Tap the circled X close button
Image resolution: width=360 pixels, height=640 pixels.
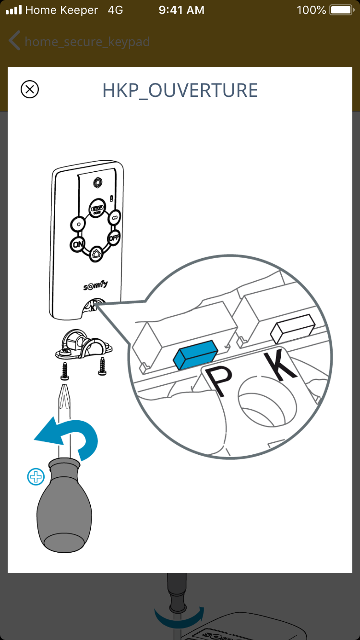[x=30, y=89]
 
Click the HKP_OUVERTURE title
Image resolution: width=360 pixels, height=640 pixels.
[x=180, y=91]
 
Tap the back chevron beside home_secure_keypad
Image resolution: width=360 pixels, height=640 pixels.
[x=14, y=40]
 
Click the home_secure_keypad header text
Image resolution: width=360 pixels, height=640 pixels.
[x=87, y=42]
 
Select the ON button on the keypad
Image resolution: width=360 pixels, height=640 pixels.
[x=77, y=245]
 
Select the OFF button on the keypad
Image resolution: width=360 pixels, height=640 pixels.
[x=114, y=237]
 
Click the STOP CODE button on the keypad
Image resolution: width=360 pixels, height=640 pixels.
[x=97, y=208]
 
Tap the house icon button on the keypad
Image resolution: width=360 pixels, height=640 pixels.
[x=96, y=254]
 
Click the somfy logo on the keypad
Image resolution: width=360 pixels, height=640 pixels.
[x=96, y=285]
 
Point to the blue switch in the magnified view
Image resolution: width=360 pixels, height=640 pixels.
[x=195, y=355]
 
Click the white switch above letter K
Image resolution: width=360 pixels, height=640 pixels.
[x=292, y=329]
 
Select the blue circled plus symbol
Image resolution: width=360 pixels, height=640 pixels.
[x=36, y=476]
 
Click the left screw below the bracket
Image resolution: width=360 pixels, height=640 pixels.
[x=65, y=371]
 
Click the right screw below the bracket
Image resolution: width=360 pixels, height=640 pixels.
[x=102, y=366]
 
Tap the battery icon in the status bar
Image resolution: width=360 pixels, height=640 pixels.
[x=342, y=10]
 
